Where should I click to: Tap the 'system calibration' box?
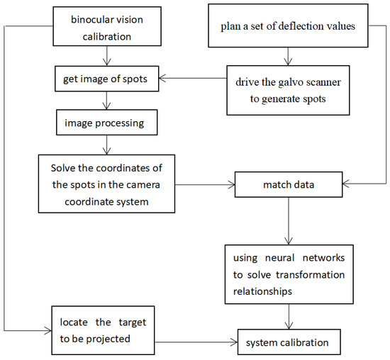(286, 344)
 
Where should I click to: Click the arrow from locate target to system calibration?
(199, 344)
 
